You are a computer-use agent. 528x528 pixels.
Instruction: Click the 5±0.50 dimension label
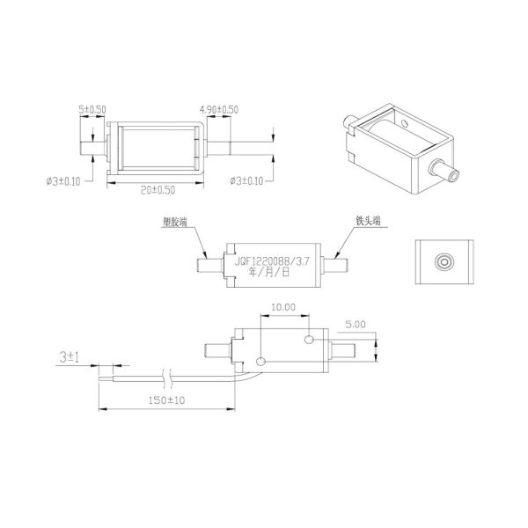tap(92, 109)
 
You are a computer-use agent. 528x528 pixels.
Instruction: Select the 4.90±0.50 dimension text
tap(220, 109)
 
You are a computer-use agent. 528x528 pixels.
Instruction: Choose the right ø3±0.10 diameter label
tap(246, 181)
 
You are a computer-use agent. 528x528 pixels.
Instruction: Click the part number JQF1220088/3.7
tap(273, 260)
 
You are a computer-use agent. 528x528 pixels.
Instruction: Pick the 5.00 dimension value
tap(356, 324)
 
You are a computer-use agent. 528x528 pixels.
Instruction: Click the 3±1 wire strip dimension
tap(70, 359)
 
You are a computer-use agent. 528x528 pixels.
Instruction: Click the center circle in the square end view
tap(444, 261)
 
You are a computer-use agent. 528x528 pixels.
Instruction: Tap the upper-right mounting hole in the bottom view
tap(308, 339)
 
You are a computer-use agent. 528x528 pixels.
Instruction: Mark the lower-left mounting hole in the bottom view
tap(260, 361)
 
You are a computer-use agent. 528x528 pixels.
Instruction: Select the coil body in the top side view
tap(155, 147)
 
